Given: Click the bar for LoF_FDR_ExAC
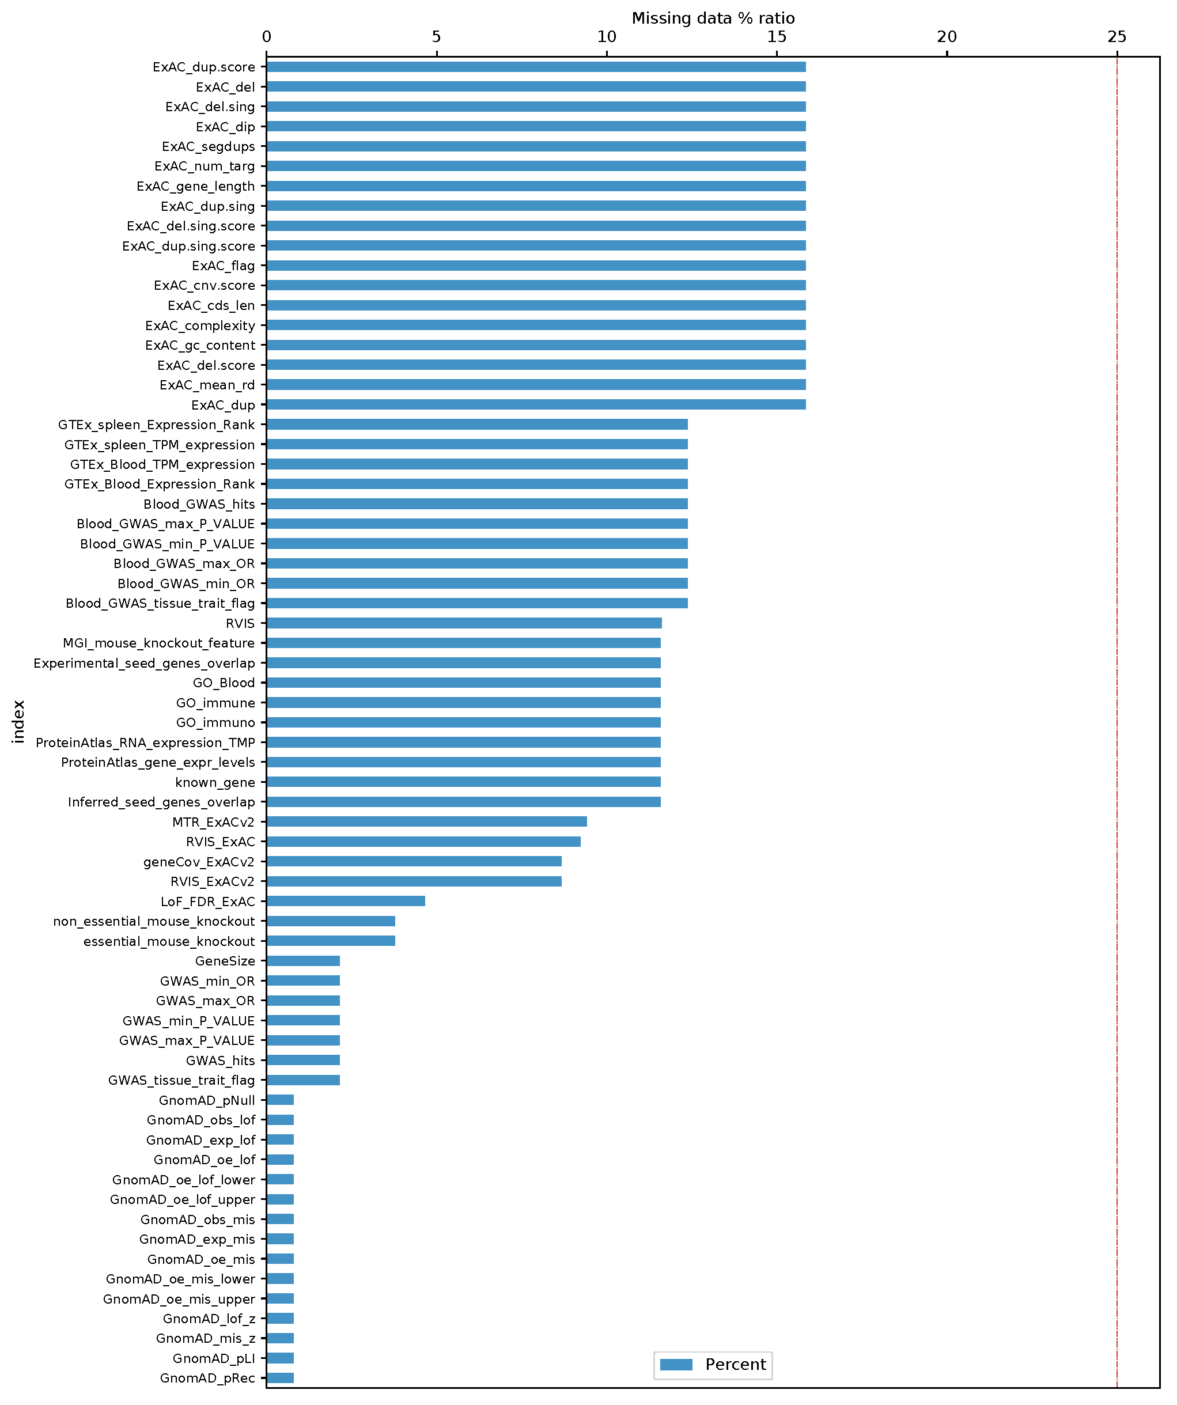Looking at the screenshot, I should [345, 900].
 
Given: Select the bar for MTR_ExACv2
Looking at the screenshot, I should [426, 821].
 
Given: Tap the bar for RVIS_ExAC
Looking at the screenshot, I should [423, 841].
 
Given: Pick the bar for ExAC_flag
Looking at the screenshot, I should [535, 266].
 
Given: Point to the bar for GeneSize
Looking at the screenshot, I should [303, 961].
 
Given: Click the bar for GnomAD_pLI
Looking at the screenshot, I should [279, 1358].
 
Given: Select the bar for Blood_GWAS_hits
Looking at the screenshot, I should [476, 504].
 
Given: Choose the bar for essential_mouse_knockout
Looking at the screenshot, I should [331, 941].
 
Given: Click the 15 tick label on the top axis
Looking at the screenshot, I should [776, 37].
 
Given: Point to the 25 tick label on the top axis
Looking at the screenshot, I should [1116, 37].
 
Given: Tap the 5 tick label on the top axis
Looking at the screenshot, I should [436, 37].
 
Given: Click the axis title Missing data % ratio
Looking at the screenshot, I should [713, 18].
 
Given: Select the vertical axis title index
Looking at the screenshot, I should [18, 721].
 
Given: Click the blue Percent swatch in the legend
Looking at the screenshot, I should [676, 1365].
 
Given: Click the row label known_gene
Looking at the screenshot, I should [215, 782].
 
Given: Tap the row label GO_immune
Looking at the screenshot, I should [215, 703].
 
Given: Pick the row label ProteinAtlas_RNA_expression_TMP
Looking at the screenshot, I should [145, 743].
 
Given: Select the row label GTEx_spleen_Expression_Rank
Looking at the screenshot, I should [156, 425].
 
